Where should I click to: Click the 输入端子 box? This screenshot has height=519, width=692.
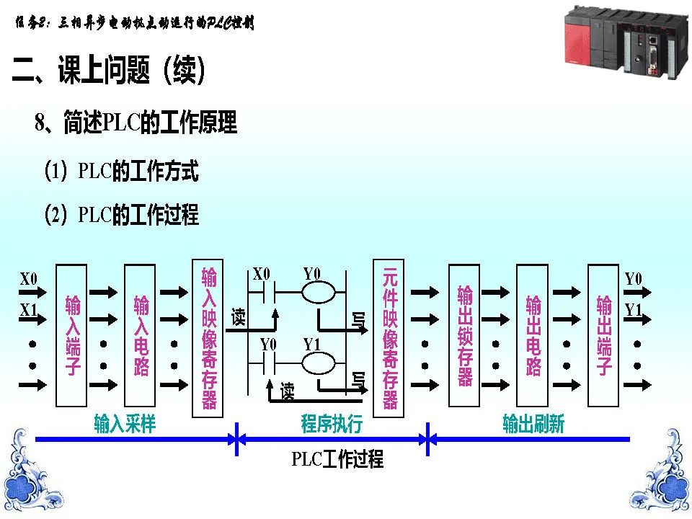click(x=71, y=335)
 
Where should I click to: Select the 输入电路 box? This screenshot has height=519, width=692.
click(x=140, y=335)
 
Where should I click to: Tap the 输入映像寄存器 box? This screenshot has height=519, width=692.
click(x=208, y=337)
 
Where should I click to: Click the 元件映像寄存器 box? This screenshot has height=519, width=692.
click(x=389, y=337)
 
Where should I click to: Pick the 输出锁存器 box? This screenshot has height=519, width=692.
click(x=465, y=335)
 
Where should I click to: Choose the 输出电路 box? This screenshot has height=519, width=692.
click(x=533, y=335)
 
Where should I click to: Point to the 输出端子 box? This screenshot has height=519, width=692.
click(x=604, y=335)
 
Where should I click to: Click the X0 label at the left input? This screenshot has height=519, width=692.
click(x=29, y=279)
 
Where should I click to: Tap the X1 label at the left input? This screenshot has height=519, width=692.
click(x=29, y=310)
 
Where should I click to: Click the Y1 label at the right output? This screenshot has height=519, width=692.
click(x=633, y=310)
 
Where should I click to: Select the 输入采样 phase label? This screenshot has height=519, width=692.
click(x=125, y=425)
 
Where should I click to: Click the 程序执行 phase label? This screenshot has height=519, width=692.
click(x=332, y=425)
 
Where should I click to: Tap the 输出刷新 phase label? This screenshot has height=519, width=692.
click(x=533, y=425)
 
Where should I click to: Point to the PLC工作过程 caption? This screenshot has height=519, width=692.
click(x=337, y=459)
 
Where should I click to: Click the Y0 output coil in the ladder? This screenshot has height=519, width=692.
click(x=318, y=293)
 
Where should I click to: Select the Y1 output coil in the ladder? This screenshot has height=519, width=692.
click(x=318, y=363)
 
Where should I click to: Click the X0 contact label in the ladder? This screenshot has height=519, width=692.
click(x=261, y=274)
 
